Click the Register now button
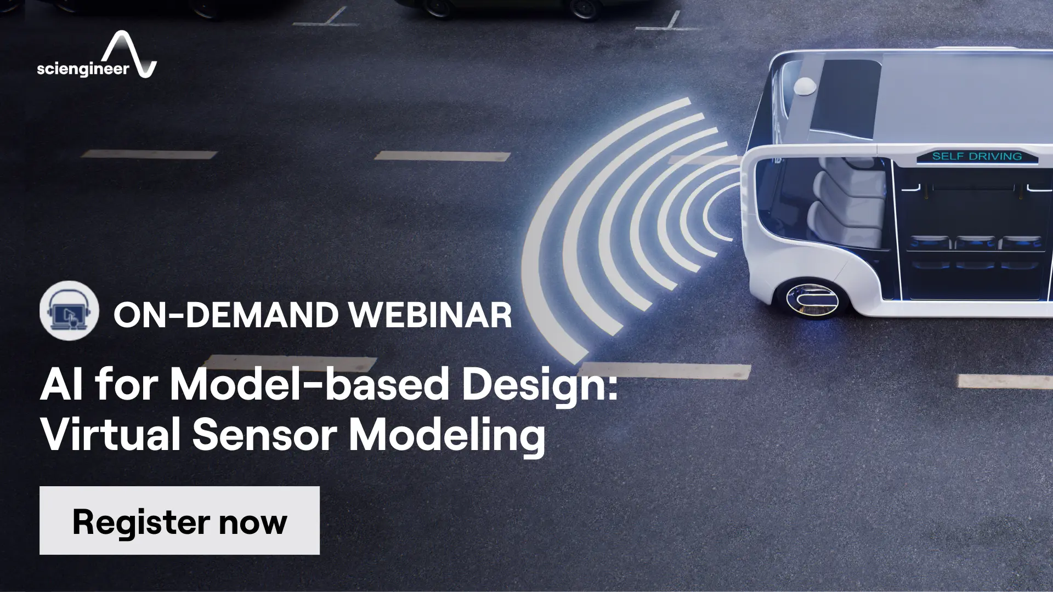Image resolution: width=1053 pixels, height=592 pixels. [179, 520]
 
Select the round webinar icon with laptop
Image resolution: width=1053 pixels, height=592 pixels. [69, 311]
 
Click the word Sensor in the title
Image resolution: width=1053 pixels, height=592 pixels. [265, 434]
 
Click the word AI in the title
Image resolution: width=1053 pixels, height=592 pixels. [61, 385]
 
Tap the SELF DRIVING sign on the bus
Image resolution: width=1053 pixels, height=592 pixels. [977, 156]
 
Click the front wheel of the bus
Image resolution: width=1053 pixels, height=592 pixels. [812, 299]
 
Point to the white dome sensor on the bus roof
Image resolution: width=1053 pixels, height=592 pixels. [805, 86]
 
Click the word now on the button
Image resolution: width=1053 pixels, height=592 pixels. [253, 522]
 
